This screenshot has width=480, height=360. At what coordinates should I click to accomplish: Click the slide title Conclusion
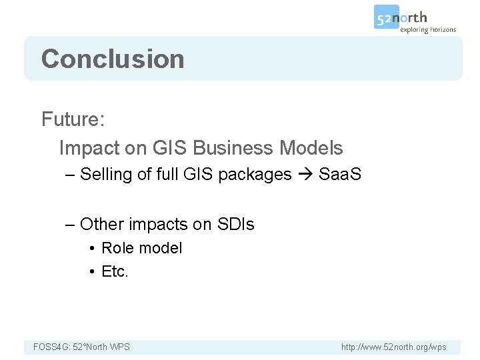click(x=113, y=59)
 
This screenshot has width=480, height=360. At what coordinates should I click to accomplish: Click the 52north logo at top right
click(x=401, y=17)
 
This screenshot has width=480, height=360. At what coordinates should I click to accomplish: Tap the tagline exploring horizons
click(x=427, y=29)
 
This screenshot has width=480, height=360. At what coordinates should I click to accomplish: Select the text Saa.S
click(x=340, y=175)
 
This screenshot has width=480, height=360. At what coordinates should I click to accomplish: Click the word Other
click(x=101, y=225)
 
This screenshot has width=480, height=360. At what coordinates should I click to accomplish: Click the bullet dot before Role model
click(x=91, y=249)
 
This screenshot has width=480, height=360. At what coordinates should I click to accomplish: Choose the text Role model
click(x=141, y=248)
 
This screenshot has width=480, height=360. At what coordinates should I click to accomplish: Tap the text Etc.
click(x=115, y=271)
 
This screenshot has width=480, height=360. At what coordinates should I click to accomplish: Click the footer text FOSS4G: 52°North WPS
click(x=81, y=347)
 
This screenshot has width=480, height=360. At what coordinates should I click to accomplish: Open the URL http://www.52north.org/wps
click(x=393, y=347)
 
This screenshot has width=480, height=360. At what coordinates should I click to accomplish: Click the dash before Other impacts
click(x=70, y=225)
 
